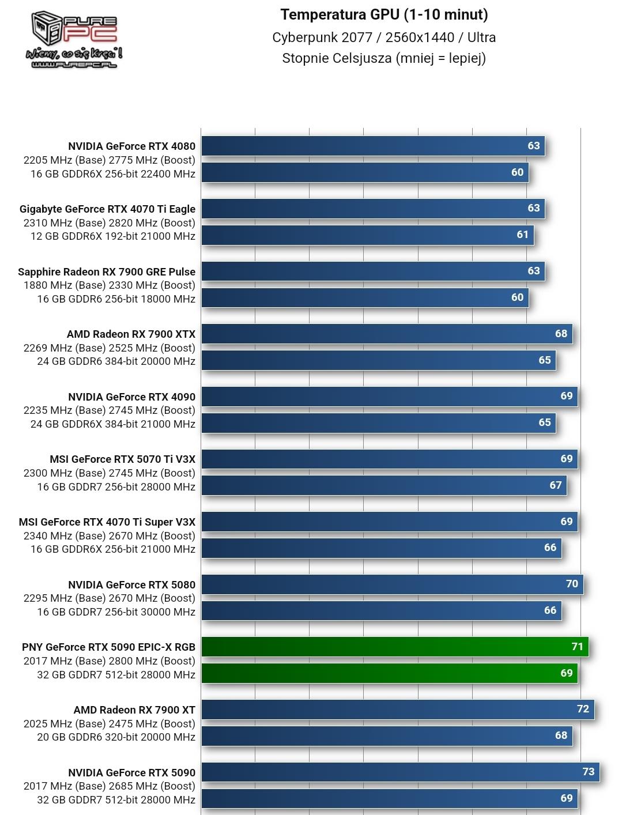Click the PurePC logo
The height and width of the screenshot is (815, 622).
pyautogui.click(x=74, y=39)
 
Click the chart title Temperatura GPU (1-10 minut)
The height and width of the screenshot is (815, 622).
pyautogui.click(x=384, y=14)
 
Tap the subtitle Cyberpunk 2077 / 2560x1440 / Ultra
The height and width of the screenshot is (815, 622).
pyautogui.click(x=384, y=37)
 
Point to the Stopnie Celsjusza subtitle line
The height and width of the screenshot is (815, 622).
pyautogui.click(x=384, y=58)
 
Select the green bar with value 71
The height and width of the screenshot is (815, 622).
pyautogui.click(x=394, y=647)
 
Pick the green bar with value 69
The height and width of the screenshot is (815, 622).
pyautogui.click(x=389, y=673)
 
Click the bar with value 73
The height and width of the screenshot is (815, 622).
pyautogui.click(x=400, y=772)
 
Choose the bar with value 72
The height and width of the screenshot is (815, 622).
pyautogui.click(x=397, y=709)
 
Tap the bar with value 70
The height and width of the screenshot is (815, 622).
pyautogui.click(x=392, y=584)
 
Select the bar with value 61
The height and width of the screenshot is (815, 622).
pyautogui.click(x=367, y=235)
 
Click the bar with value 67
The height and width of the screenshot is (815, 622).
pyautogui.click(x=384, y=485)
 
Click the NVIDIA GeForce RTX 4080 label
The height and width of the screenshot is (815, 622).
pyautogui.click(x=131, y=146)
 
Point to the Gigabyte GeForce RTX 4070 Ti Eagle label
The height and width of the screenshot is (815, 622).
pyautogui.click(x=107, y=209)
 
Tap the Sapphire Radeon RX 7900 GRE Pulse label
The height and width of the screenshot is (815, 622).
pyautogui.click(x=107, y=272)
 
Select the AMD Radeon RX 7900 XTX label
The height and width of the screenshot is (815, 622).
pyautogui.click(x=131, y=334)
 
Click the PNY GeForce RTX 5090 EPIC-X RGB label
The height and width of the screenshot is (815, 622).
pyautogui.click(x=108, y=647)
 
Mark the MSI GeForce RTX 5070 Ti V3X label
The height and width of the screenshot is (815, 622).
pyautogui.click(x=122, y=459)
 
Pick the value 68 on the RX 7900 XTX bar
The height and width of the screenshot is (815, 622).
pyautogui.click(x=561, y=334)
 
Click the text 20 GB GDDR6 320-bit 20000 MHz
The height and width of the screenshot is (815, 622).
pyautogui.click(x=116, y=737)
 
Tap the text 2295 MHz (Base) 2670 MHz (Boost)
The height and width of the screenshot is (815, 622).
pyautogui.click(x=110, y=598)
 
